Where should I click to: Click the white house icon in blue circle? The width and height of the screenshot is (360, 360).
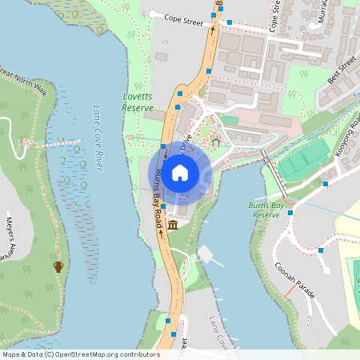point(180,172)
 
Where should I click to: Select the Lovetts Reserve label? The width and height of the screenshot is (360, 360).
point(138,102)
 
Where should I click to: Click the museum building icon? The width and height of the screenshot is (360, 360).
point(173,218)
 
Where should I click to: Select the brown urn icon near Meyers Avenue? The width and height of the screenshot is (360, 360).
point(58,266)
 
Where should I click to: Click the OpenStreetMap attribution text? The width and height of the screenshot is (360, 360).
point(80,354)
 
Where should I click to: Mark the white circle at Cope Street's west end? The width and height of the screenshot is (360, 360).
point(151,14)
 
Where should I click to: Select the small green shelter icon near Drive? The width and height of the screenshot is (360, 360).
point(215,143)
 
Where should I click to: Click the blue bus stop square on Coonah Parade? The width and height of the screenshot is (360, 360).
point(321,250)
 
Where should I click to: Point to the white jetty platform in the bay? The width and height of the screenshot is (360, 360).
point(206,254)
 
